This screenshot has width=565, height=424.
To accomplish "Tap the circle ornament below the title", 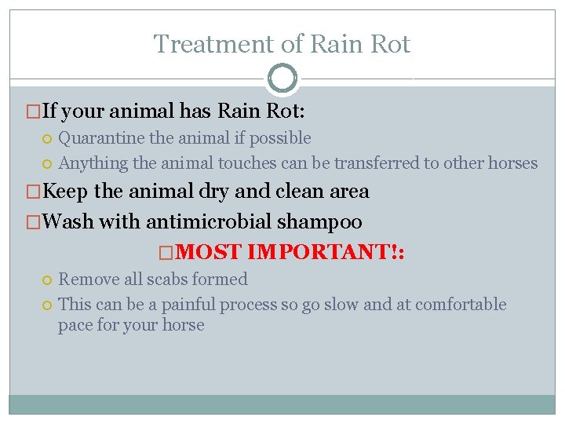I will (x=282, y=79).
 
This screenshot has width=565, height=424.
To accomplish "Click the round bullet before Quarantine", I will (x=47, y=139).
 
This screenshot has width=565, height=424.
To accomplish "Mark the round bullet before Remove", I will (x=47, y=280).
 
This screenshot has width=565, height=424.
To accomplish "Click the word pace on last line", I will (x=75, y=325).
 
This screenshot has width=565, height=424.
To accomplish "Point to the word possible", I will (x=281, y=138).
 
